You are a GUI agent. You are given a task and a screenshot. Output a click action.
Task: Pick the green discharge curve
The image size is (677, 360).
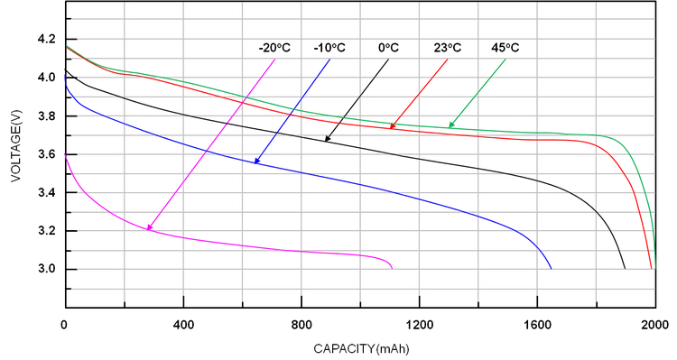(542, 134)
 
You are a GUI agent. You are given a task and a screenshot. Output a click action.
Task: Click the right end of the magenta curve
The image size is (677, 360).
(393, 264)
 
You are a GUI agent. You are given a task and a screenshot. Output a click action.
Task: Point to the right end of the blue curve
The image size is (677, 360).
(551, 264)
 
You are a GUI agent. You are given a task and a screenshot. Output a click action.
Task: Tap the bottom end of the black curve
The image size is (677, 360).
(625, 266)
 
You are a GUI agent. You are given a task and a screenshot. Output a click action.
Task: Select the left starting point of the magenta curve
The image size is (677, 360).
(61, 154)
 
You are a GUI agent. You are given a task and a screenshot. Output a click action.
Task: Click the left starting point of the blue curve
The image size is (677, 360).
(61, 76)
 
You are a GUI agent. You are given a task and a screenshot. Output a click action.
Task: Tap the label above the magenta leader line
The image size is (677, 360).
(274, 44)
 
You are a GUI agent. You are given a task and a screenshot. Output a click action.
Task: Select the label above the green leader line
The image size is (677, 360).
(506, 44)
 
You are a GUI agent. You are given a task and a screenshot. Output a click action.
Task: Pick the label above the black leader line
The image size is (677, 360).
(389, 44)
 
